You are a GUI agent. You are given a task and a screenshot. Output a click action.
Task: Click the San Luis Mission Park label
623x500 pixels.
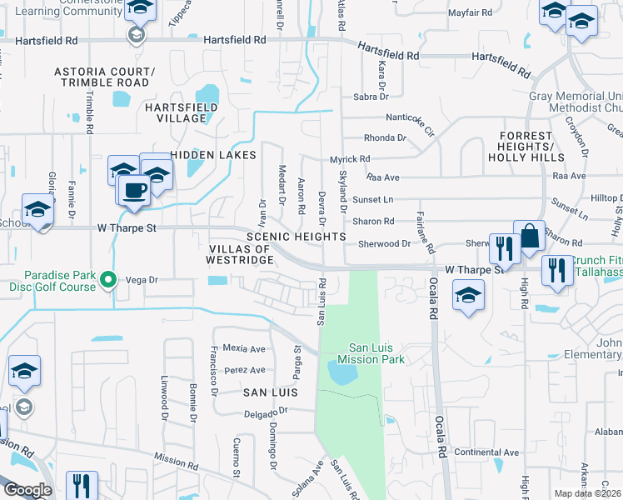[x=376, y=353]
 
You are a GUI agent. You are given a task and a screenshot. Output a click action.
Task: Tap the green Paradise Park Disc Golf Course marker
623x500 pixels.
[x=107, y=281]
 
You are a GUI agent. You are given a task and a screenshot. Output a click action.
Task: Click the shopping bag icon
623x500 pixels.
[x=528, y=237]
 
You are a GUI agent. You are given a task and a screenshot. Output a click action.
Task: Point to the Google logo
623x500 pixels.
[x=27, y=490]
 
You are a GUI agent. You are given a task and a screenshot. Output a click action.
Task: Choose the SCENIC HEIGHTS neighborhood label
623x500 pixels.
[x=296, y=237]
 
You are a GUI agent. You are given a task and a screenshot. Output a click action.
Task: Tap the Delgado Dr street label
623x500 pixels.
[x=266, y=412]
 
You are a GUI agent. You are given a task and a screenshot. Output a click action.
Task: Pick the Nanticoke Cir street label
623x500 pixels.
[x=411, y=124]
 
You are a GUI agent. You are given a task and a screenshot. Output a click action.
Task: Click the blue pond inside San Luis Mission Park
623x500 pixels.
[x=343, y=372]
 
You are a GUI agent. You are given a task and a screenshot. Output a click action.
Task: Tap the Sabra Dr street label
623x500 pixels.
[x=371, y=96]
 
